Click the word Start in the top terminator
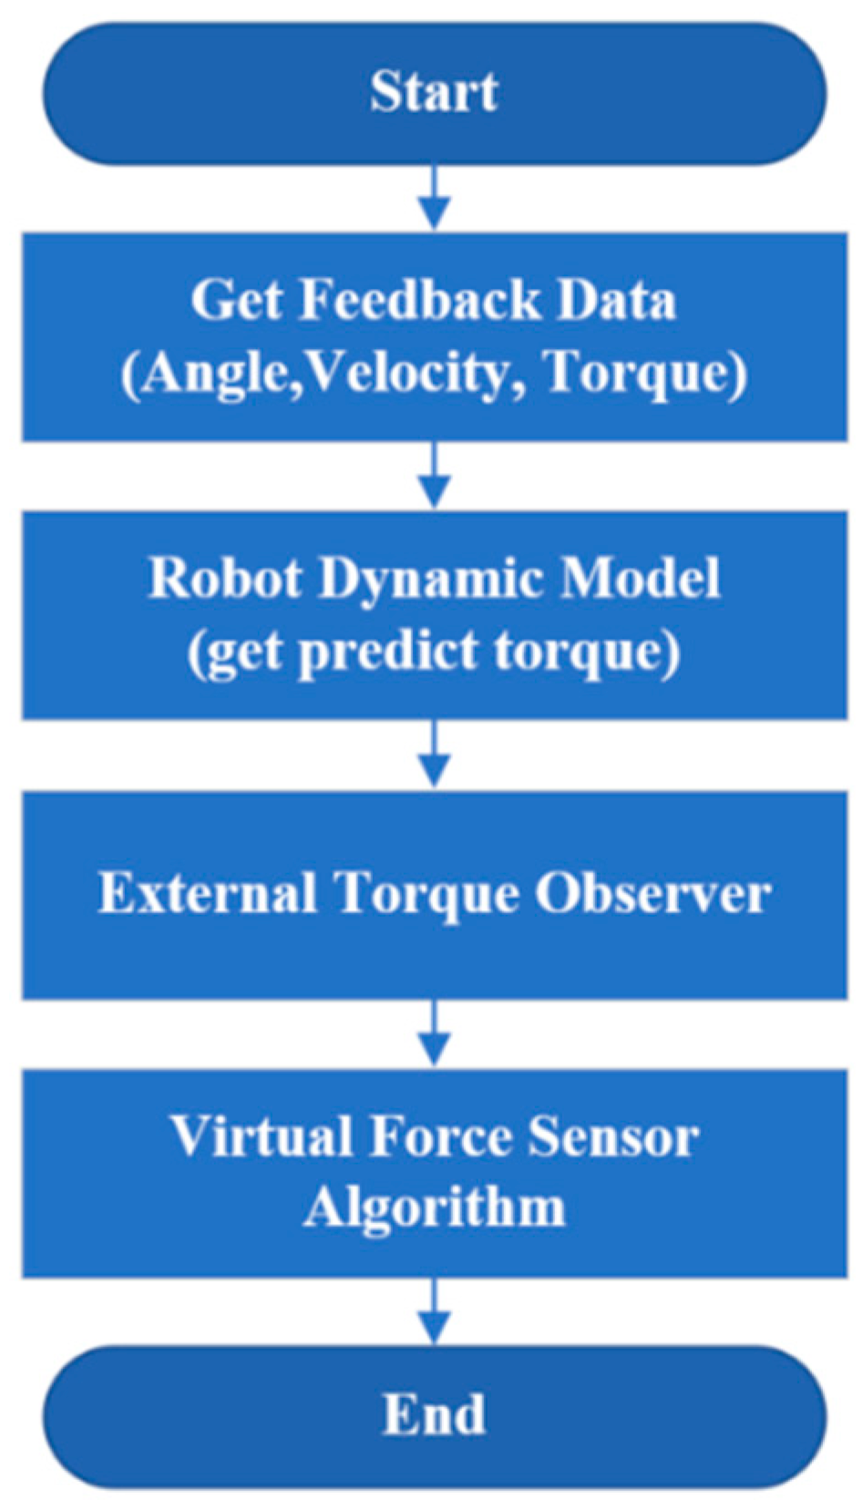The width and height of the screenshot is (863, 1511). (434, 92)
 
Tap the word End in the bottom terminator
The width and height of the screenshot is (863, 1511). (434, 1414)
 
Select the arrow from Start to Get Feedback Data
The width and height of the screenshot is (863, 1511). (435, 199)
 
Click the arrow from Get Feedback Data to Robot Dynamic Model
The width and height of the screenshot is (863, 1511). (435, 477)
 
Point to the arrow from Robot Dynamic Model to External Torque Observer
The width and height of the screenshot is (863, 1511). (435, 755)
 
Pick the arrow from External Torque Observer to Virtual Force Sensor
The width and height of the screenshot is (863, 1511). (435, 1033)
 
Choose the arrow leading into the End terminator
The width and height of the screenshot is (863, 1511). (435, 1311)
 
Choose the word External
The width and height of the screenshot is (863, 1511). (208, 893)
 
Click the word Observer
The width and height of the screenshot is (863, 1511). (652, 893)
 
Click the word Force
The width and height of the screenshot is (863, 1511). (441, 1136)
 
